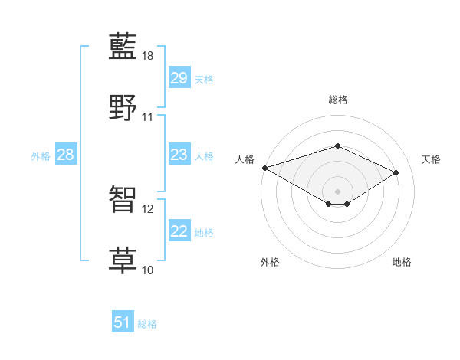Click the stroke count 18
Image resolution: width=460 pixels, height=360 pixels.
148,56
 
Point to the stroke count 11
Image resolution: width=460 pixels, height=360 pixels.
148,117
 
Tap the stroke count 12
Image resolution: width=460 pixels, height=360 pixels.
148,208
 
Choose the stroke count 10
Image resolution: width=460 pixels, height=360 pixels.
148,270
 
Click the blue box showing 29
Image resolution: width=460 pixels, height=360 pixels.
179,78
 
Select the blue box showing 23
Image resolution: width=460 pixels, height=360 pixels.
179,155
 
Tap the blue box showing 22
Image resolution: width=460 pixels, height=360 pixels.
179,231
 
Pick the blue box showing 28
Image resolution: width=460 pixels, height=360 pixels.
65,155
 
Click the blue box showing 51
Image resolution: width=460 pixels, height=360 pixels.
123,322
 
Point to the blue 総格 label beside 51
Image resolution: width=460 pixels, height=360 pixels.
147,324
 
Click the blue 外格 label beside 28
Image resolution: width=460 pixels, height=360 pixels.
41,155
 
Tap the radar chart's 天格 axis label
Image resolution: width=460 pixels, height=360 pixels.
432,159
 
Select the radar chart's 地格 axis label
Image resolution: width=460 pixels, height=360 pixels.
402,262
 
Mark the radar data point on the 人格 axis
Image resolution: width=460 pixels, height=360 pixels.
264,168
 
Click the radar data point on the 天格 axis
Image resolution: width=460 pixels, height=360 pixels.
396,172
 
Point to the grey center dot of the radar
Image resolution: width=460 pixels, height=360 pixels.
337,191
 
